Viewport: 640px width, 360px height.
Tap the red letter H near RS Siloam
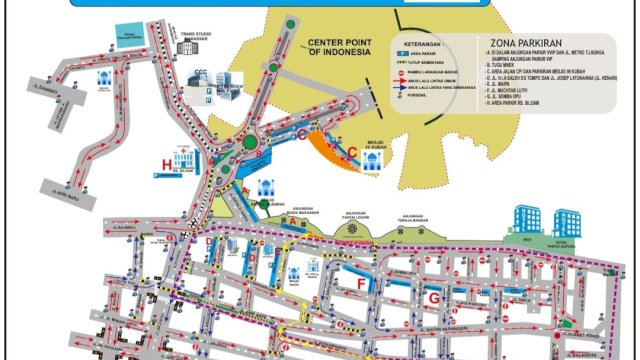(168, 163)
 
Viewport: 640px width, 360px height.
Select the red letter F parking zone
(362, 285)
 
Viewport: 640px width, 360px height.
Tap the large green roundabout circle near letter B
(249, 149)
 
